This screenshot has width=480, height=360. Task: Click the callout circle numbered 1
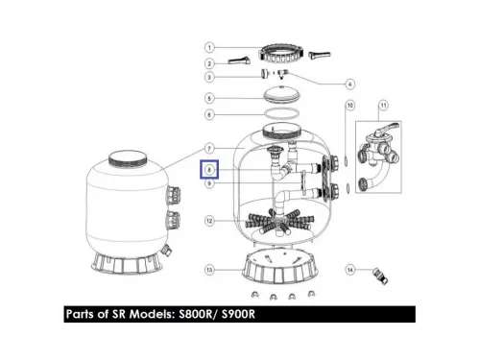coord(208,45)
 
